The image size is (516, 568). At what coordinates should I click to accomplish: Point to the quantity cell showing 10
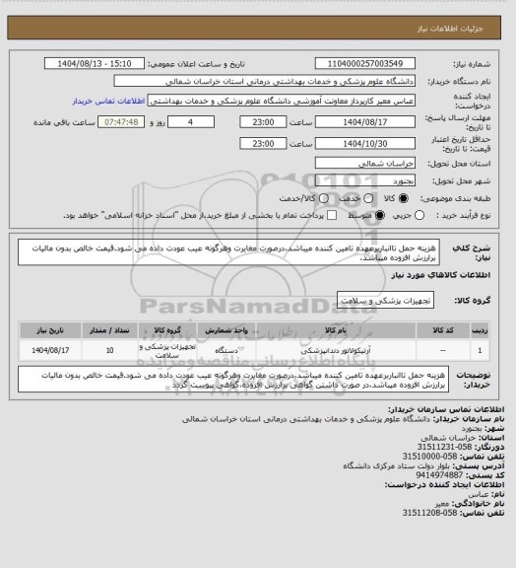point(108,349)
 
